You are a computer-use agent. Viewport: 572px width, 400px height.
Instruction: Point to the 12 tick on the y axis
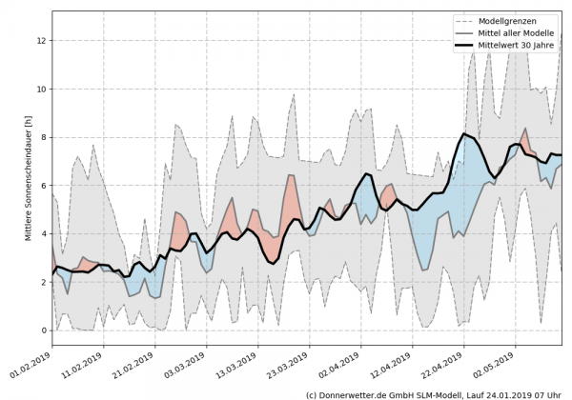pyautogui.click(x=40, y=41)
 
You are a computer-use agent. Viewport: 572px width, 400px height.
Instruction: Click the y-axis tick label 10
pyautogui.click(x=40, y=90)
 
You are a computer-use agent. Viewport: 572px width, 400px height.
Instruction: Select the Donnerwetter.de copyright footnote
pyautogui.click(x=435, y=393)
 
